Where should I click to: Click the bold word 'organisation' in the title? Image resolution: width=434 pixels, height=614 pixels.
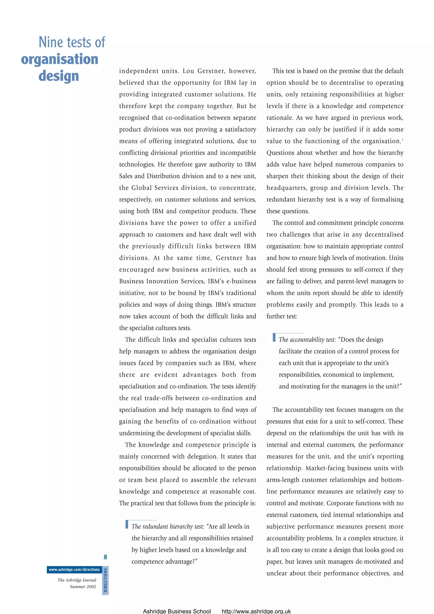click(60, 59)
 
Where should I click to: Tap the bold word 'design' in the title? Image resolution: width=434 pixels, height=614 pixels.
click(59, 76)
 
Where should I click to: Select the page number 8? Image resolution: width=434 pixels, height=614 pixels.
click(105, 557)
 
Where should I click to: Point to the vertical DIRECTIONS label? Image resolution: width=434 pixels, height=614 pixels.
click(105, 580)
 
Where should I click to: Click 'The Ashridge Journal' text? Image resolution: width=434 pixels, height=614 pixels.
click(77, 580)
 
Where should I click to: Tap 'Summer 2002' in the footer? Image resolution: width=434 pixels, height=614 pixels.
click(83, 587)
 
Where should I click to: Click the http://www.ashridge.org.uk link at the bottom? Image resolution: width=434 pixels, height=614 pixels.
click(256, 611)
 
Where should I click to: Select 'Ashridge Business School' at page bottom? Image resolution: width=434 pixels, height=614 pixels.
click(177, 611)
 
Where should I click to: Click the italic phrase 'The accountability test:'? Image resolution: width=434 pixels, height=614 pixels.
click(307, 340)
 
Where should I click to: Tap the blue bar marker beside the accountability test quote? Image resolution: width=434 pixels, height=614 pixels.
click(274, 337)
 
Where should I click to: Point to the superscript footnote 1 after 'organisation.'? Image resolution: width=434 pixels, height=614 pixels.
click(402, 139)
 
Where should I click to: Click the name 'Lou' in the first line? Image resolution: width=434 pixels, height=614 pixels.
click(188, 71)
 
